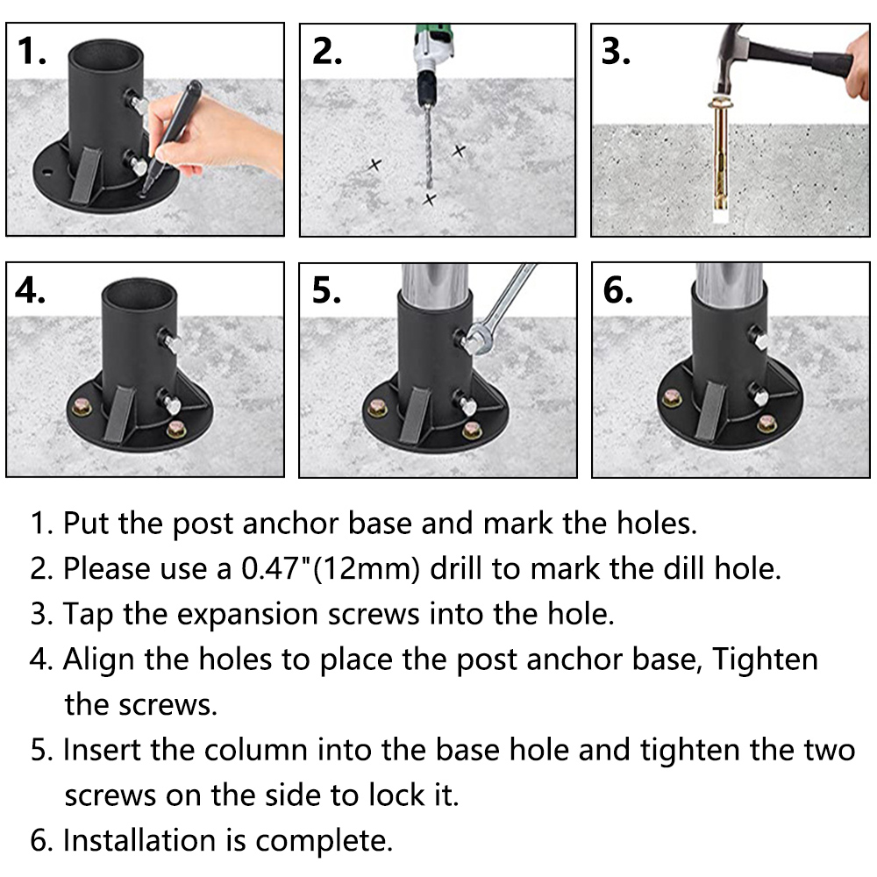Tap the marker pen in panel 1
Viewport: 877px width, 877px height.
point(170,137)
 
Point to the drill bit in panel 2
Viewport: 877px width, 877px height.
point(429,146)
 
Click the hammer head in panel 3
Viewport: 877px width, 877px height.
point(730,61)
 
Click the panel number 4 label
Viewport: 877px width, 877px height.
point(30,290)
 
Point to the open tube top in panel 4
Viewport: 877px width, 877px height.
point(139,293)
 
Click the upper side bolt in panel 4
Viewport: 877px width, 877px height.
point(169,339)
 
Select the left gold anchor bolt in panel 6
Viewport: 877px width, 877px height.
point(672,398)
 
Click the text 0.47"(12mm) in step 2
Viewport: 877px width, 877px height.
point(331,569)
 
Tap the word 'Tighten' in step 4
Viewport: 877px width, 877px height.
point(765,659)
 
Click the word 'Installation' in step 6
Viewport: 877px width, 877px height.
point(139,840)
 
